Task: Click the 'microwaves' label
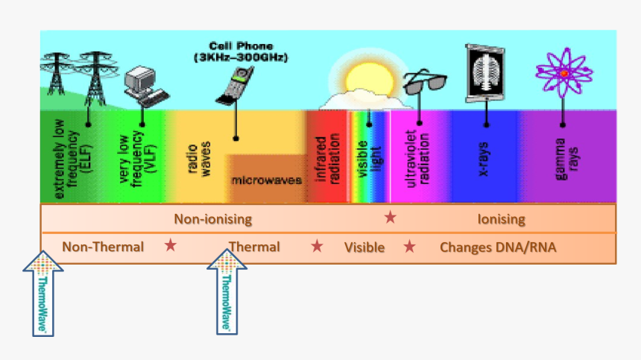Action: click(x=266, y=180)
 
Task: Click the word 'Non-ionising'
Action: click(x=212, y=219)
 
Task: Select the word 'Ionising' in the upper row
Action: click(x=501, y=219)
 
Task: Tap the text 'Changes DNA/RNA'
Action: click(x=498, y=247)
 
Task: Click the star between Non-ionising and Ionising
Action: click(x=390, y=218)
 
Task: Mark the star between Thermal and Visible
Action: click(x=318, y=246)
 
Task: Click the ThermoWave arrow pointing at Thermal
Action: click(x=227, y=291)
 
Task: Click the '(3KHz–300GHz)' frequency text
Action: click(x=241, y=57)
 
